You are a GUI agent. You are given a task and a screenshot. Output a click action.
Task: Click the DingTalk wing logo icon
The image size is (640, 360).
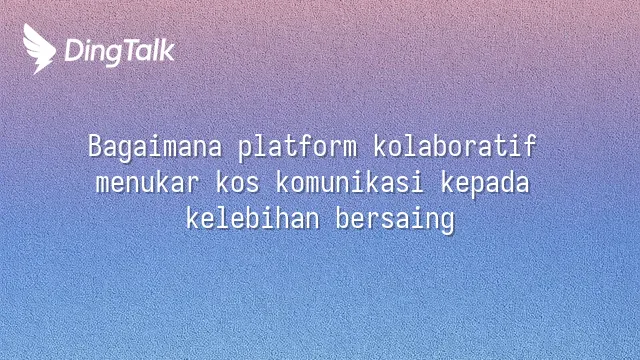(39, 49)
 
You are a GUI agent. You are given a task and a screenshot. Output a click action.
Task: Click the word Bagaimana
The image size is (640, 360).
(155, 147)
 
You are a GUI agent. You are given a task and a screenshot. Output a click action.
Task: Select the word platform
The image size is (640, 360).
(298, 147)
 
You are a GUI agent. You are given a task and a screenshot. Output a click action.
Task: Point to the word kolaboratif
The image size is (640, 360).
(455, 146)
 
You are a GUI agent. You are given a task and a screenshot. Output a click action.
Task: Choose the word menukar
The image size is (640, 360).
(147, 182)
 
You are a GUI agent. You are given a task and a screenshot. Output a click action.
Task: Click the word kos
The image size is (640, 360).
(237, 182)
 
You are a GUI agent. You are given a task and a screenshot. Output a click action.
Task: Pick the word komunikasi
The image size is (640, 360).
(350, 182)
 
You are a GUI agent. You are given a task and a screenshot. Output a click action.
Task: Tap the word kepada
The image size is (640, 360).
(485, 184)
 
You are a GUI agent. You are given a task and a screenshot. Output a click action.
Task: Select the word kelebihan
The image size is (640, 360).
(252, 218)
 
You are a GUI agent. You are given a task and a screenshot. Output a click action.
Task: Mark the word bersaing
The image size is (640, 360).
(395, 220)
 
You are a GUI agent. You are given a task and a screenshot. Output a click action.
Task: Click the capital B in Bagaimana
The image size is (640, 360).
(95, 146)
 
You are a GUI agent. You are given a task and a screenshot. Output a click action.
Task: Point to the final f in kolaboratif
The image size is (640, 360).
(529, 146)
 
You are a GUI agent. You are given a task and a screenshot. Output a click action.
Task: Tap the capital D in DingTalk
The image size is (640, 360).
(74, 50)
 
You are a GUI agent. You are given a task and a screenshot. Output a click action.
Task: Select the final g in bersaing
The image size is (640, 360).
(447, 222)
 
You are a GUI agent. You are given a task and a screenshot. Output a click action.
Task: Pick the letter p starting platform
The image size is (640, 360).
(245, 150)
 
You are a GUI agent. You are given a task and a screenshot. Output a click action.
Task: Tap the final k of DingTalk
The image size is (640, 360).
(167, 50)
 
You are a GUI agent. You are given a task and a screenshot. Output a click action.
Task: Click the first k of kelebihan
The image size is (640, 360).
(193, 218)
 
